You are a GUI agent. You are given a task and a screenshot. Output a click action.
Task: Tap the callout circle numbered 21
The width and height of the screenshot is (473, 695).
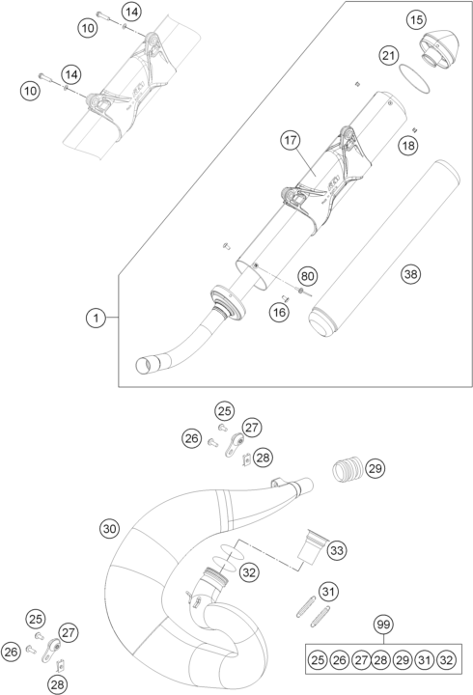pyautogui.click(x=388, y=57)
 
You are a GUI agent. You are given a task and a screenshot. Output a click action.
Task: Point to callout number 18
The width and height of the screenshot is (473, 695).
pyautogui.click(x=409, y=145)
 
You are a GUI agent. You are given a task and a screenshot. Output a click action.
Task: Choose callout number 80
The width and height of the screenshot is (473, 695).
pyautogui.click(x=308, y=276)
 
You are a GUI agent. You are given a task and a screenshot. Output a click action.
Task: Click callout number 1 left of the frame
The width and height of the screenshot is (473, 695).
pyautogui.click(x=96, y=317)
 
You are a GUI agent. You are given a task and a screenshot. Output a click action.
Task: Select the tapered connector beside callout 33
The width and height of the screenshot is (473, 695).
pyautogui.click(x=310, y=546)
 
